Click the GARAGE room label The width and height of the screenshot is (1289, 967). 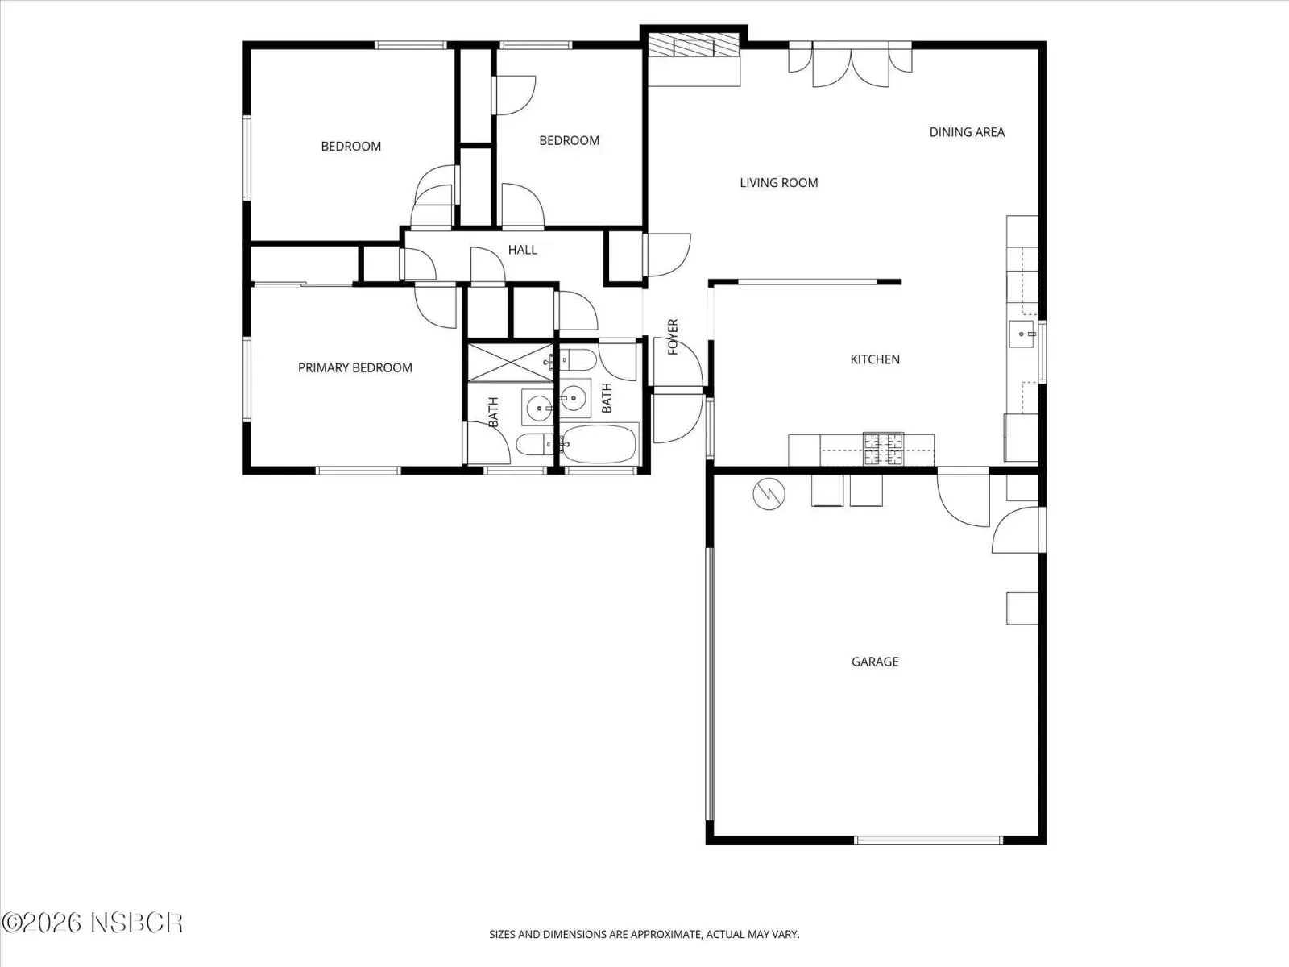tap(874, 662)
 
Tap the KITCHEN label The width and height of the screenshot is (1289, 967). tap(874, 359)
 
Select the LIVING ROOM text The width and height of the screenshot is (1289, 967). tap(779, 183)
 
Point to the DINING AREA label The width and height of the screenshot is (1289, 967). tap(967, 132)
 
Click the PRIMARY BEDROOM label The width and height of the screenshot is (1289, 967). tap(354, 367)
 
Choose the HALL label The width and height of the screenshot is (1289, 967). tap(522, 250)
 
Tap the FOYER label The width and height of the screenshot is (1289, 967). tap(673, 336)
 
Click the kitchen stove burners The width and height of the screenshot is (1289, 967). tap(883, 449)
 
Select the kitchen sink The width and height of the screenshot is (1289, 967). tap(1022, 334)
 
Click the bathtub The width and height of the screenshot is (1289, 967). tap(598, 444)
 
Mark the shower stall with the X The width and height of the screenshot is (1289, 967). tap(510, 363)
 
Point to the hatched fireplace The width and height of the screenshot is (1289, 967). tap(693, 44)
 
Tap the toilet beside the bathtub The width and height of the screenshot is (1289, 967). tap(578, 360)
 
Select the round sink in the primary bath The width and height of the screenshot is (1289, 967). tap(538, 408)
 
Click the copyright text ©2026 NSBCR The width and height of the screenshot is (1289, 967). tap(92, 923)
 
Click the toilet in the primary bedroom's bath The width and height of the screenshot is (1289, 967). tap(534, 445)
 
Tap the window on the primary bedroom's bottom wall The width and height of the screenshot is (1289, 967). tap(359, 471)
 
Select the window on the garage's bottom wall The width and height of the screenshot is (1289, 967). tap(928, 840)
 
